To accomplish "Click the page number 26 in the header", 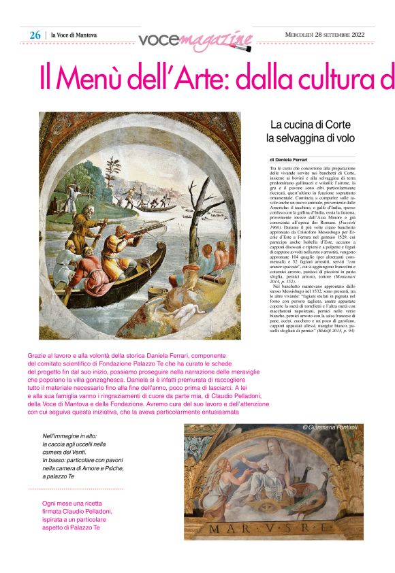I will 35,35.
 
